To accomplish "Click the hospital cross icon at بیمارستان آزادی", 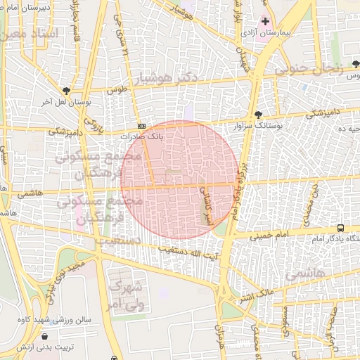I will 265,22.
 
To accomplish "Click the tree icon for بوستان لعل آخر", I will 66,91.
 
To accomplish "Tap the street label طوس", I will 116,91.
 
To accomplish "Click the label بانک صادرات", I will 141,136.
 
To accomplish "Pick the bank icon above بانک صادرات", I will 141,125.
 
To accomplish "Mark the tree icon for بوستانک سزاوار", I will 259,114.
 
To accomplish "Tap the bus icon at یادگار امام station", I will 341,229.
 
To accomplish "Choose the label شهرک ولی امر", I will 127,295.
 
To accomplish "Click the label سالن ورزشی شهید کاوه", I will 56,319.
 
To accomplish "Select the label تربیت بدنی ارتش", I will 45,347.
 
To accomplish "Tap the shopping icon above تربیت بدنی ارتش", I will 45,337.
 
